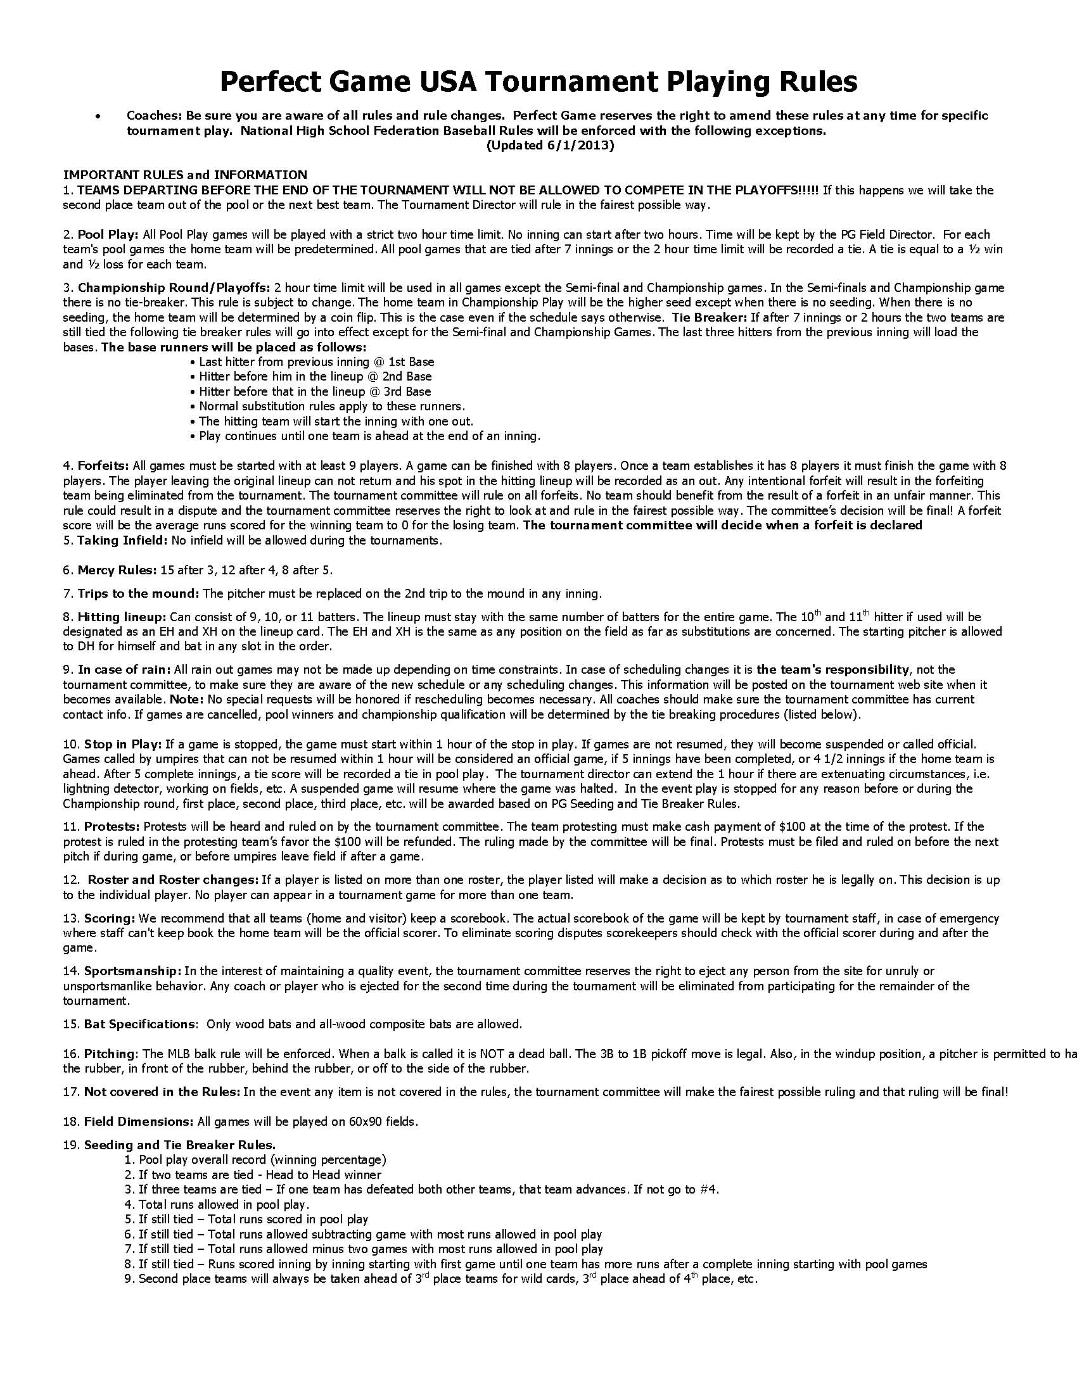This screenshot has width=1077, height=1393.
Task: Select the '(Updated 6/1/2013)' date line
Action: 550,146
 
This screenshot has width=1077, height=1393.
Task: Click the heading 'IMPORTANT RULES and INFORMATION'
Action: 184,174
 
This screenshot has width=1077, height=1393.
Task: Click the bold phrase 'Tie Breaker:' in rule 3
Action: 709,317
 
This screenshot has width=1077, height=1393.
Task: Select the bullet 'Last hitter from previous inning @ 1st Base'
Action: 316,362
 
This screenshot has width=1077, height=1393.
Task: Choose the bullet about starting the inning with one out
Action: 336,421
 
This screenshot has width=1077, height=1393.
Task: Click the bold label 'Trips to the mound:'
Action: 139,593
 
